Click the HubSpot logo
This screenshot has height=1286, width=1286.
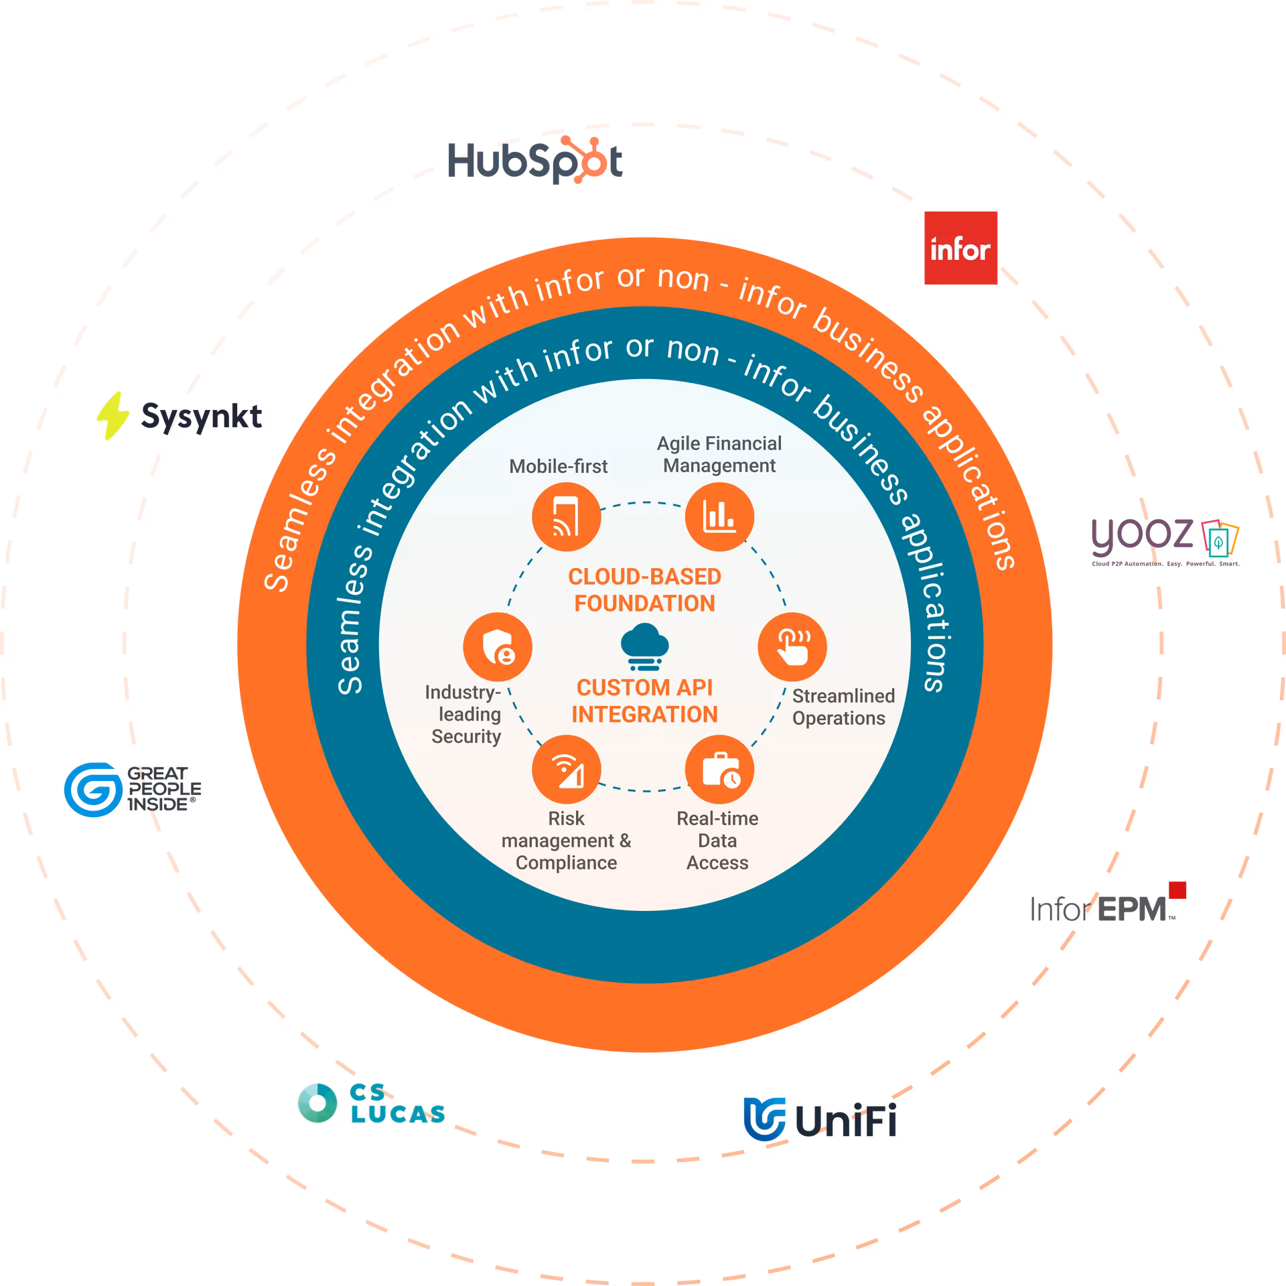click(535, 161)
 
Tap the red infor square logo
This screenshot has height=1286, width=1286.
click(960, 248)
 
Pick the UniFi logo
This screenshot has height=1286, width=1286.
click(819, 1118)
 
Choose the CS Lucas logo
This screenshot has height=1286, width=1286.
click(371, 1103)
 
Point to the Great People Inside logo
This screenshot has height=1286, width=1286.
click(132, 789)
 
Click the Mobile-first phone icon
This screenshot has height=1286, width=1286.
click(566, 518)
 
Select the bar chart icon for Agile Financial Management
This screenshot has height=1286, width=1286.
click(719, 518)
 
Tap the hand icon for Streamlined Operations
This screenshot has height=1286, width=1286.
click(792, 646)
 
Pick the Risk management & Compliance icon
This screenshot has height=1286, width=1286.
click(566, 770)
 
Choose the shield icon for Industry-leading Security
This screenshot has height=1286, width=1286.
click(498, 646)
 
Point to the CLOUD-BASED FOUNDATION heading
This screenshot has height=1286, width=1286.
click(644, 590)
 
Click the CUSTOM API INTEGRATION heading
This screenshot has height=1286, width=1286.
click(644, 701)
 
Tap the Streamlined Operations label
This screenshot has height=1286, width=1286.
click(843, 707)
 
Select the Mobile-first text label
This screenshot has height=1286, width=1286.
click(558, 466)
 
